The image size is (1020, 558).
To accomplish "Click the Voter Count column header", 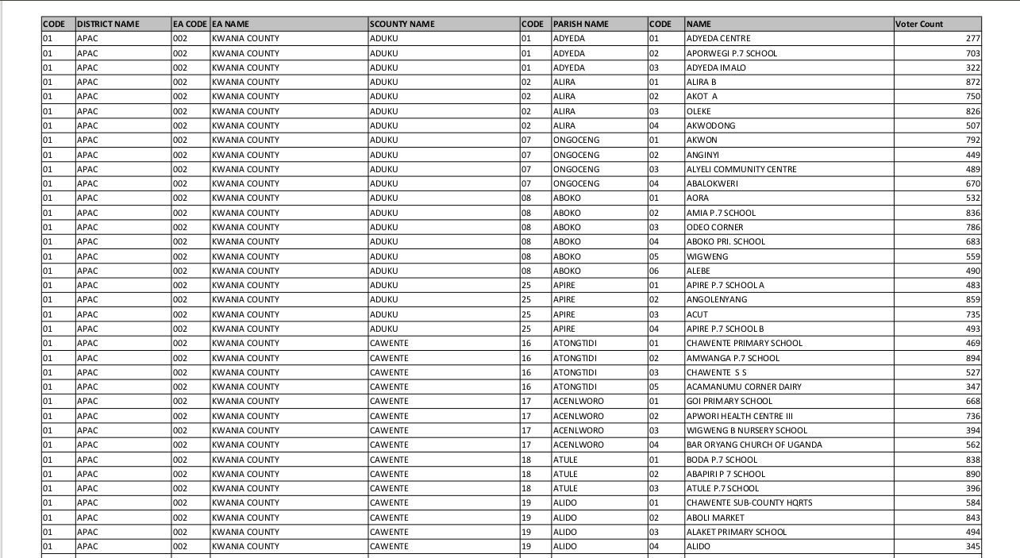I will point(919,24).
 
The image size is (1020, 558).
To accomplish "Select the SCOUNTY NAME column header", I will point(402,24).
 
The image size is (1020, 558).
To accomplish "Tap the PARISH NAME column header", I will point(581,24).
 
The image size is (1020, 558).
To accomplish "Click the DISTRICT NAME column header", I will point(108,24).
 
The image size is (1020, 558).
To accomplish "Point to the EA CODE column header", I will point(190,24).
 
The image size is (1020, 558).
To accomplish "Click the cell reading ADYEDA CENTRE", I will point(718,38).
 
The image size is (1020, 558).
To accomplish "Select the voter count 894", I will point(973,358).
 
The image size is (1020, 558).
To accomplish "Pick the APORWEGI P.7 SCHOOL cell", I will point(732,53).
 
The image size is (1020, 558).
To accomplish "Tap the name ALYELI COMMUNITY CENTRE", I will point(741,169).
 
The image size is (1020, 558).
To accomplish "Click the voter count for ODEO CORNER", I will point(973,227).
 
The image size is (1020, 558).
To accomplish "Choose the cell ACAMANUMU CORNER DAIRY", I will point(744,387).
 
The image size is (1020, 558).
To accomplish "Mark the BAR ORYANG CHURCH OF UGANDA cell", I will point(754,444).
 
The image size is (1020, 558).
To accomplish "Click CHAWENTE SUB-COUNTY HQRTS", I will point(749,502).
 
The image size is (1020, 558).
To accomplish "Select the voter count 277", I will point(973,38).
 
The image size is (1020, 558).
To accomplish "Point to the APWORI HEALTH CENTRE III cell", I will point(740,416).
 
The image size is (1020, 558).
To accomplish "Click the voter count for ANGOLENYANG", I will point(973,299).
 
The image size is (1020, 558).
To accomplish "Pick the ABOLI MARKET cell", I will point(715,518).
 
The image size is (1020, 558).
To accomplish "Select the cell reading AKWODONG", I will point(711,125).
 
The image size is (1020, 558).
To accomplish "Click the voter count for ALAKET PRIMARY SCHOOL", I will point(973,532).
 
